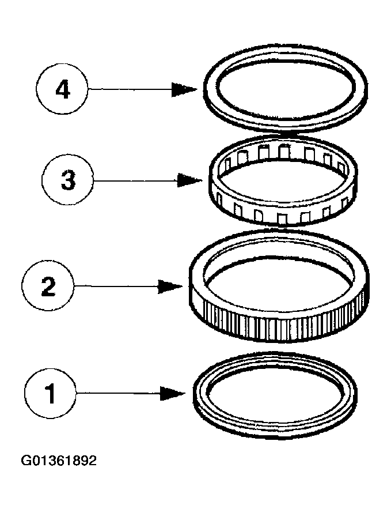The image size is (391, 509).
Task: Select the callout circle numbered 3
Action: point(67,180)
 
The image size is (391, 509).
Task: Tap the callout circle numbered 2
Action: point(48,285)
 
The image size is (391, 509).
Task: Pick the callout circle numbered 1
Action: point(50,394)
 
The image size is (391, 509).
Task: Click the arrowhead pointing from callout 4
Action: point(185,89)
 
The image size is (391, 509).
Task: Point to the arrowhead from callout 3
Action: point(189,180)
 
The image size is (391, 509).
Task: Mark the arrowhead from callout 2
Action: point(171,285)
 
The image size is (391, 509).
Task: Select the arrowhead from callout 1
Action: point(173,394)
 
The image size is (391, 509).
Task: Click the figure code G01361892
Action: point(59,461)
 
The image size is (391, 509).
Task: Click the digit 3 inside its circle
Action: point(67,180)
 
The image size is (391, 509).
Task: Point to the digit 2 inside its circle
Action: point(48,285)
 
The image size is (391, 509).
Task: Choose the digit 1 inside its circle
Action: point(51,394)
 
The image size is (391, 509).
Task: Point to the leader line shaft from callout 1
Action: point(115,394)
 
